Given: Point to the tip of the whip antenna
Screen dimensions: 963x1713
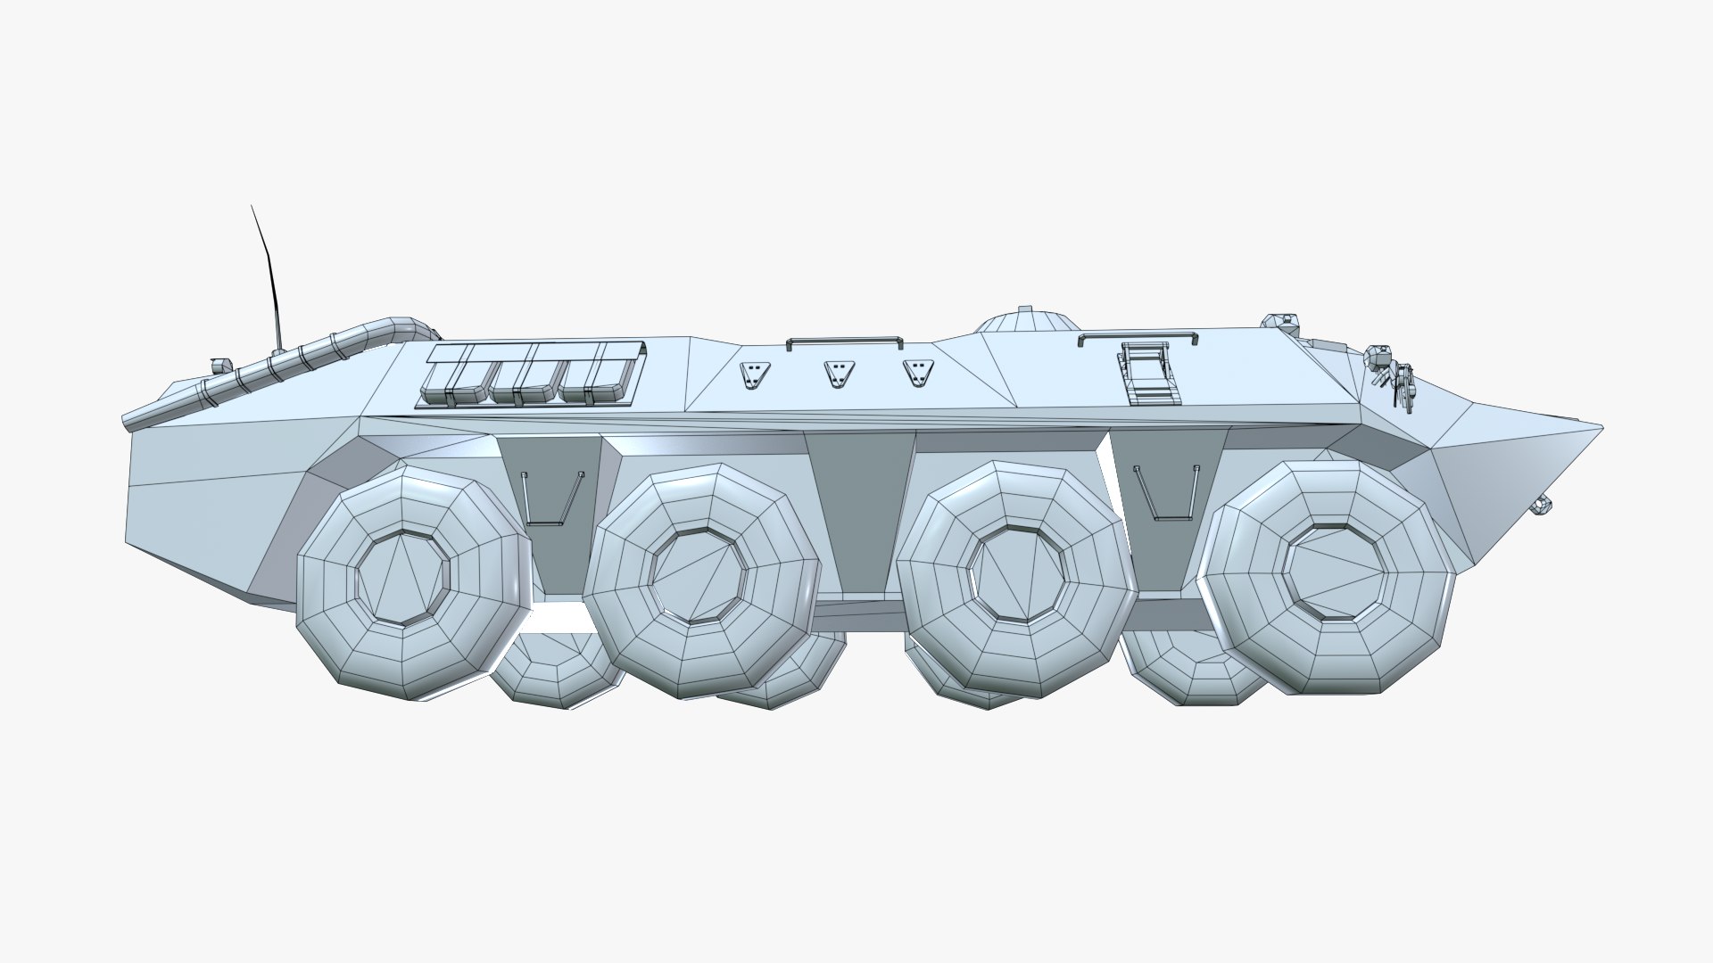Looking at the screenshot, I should point(252,206).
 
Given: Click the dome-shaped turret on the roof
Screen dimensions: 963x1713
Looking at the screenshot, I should point(1025,322).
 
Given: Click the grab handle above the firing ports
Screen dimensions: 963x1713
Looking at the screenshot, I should point(844,341).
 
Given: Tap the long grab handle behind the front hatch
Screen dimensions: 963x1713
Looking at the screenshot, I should point(1138,337).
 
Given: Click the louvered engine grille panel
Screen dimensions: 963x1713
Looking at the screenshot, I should point(533,374).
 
